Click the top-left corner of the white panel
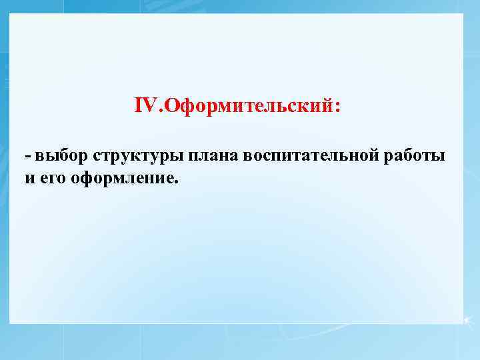click(11, 14)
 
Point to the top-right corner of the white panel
click(463, 14)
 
